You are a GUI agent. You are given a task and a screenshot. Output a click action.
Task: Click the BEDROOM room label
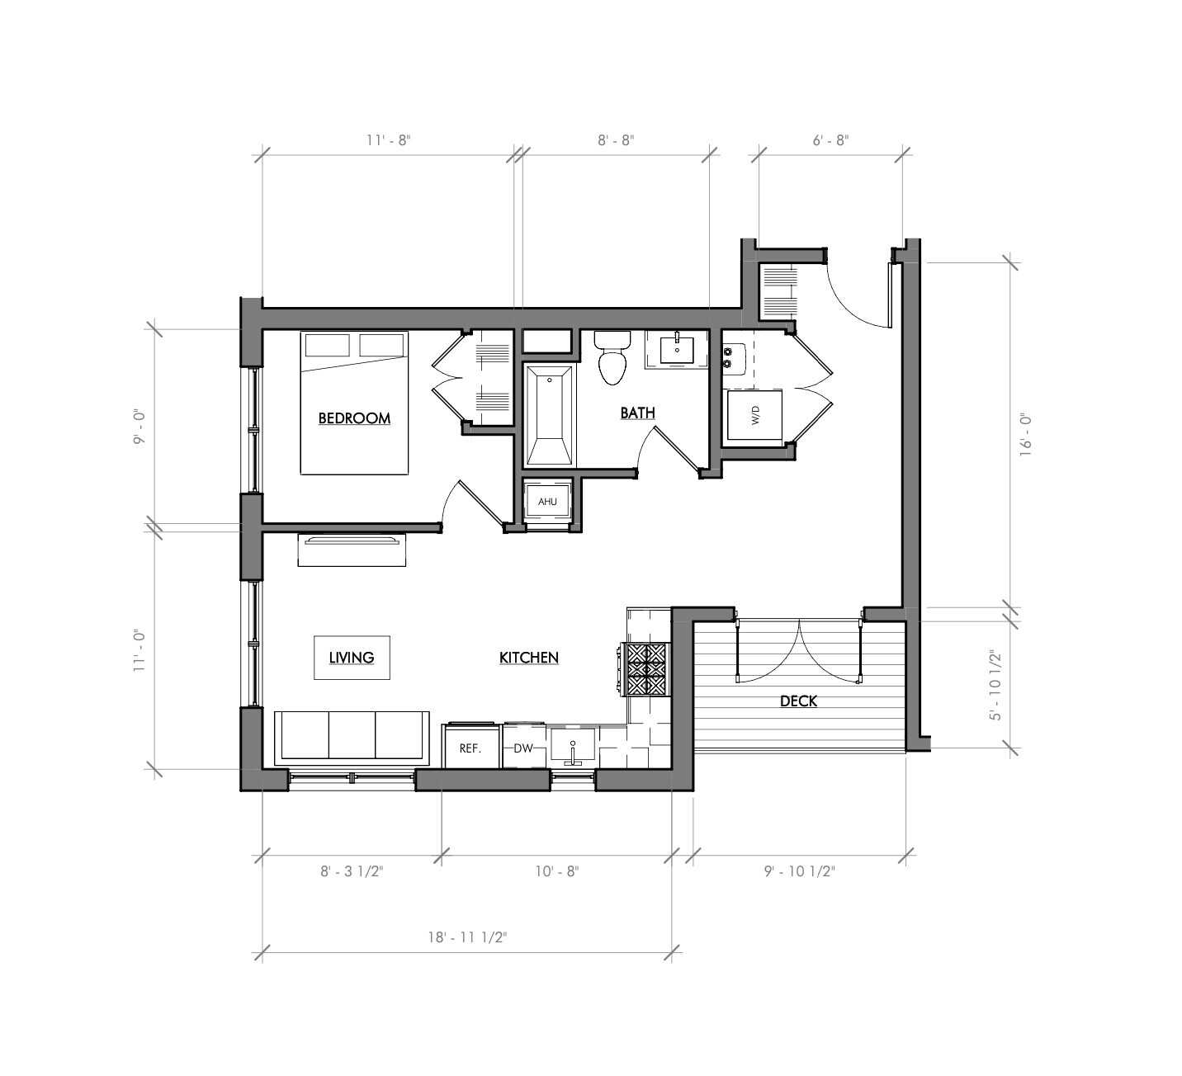[354, 418]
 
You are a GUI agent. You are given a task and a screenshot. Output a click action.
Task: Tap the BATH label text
[637, 413]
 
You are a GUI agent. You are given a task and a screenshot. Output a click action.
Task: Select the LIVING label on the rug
[352, 658]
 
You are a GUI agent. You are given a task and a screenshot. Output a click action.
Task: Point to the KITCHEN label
[529, 658]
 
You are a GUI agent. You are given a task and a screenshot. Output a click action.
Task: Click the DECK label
[798, 701]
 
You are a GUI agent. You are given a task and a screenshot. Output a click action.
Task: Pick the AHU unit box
[547, 502]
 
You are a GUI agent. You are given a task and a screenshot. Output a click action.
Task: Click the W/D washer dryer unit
[755, 418]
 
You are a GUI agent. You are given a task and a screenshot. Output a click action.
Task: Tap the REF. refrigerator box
[470, 748]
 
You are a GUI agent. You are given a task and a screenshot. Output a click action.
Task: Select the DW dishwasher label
[523, 748]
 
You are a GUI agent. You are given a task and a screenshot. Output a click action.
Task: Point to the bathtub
[550, 417]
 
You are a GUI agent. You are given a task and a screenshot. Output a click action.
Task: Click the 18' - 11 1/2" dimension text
[467, 937]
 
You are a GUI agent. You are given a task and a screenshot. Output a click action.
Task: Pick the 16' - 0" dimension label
[1026, 436]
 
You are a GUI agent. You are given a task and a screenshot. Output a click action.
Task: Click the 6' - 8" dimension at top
[830, 140]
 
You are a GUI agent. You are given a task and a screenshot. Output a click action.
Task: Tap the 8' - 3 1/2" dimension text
[352, 871]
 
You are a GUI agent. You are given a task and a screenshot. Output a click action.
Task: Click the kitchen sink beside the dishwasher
[573, 748]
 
